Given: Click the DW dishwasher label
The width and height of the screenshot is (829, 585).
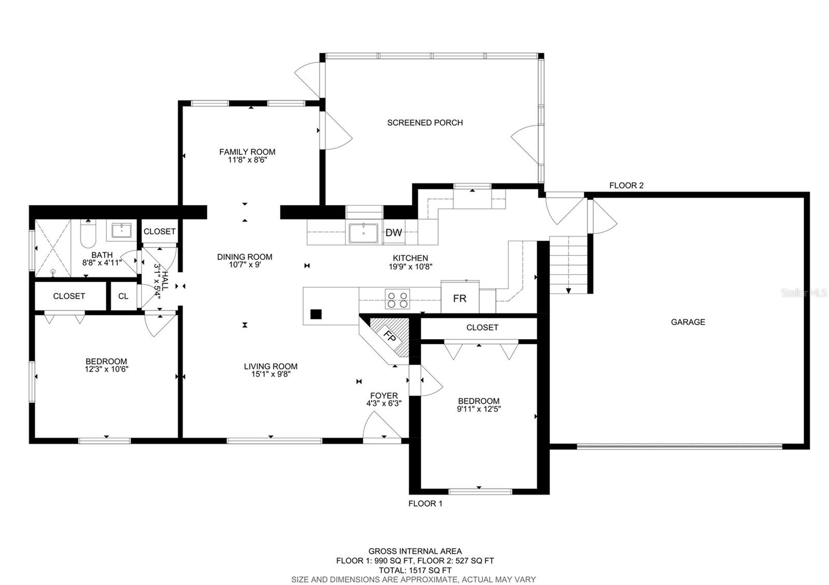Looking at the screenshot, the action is tap(393, 232).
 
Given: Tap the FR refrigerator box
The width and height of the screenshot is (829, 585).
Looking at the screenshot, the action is tap(460, 297).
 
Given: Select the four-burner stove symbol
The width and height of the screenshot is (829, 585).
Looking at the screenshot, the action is tap(397, 299).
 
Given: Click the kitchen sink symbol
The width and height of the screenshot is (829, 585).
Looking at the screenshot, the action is tap(363, 233).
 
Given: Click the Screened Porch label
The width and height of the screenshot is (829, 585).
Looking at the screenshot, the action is tap(425, 122).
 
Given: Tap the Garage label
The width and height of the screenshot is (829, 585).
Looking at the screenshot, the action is tap(688, 321).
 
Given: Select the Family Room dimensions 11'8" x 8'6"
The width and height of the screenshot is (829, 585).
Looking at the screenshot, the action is tap(247, 160).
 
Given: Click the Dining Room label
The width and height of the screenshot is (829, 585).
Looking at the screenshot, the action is tap(245, 257).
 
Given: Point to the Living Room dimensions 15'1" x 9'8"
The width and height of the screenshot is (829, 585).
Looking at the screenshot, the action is tap(270, 374).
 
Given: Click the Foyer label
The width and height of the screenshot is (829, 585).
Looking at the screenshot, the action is tap(384, 396).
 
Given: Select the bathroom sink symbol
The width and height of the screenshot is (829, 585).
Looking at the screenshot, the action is tap(121, 230).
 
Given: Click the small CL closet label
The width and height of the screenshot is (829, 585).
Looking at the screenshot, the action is tap(123, 296).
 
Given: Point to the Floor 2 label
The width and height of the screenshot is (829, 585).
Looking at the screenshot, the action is tap(626, 185).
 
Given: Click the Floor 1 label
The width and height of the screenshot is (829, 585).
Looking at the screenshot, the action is tap(425, 503).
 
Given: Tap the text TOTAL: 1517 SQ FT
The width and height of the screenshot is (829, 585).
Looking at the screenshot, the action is tap(415, 570).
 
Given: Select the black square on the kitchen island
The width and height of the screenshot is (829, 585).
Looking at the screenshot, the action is tap(316, 314).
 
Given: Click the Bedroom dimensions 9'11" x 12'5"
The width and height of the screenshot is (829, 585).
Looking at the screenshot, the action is tap(479, 408).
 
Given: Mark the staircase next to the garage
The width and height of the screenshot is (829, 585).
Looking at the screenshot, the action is tap(568, 265).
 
